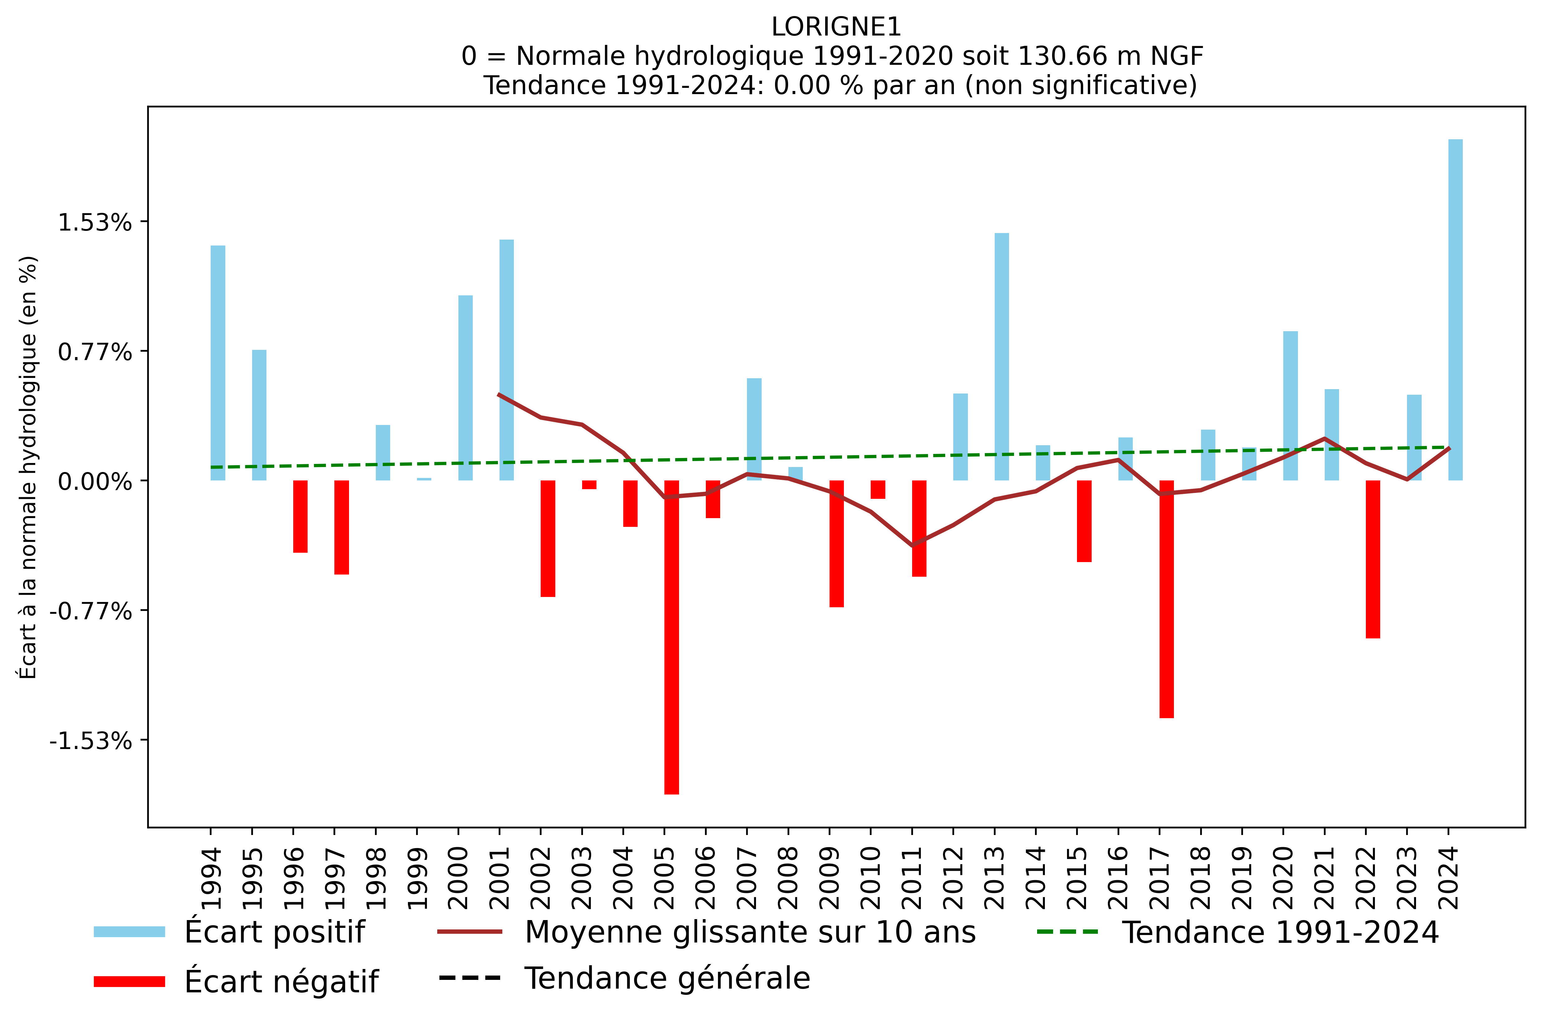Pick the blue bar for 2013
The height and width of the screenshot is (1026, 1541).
1001,357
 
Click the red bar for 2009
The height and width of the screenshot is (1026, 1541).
836,543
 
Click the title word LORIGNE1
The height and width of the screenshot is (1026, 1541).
835,27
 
